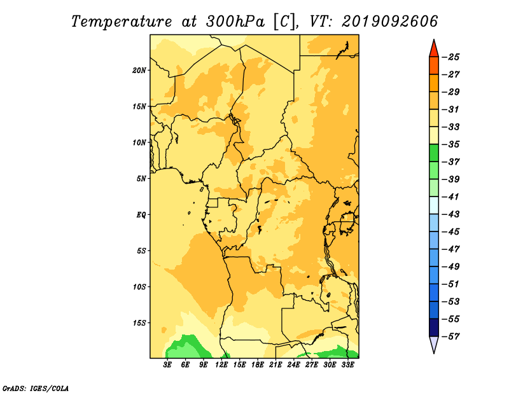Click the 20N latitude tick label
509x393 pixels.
tap(139, 71)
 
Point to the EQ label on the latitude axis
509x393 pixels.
tap(141, 215)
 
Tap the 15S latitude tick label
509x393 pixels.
tap(139, 323)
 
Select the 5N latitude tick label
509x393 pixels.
tap(141, 179)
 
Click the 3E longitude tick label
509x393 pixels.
tap(167, 365)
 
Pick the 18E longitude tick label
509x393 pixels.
tap(258, 365)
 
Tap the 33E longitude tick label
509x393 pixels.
tap(347, 365)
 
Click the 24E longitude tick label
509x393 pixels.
tap(293, 365)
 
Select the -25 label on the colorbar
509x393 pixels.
tap(450, 57)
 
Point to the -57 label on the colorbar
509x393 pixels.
tap(450, 336)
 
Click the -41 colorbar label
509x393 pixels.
tap(450, 197)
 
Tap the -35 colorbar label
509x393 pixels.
tap(450, 144)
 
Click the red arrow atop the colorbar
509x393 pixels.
tap(434, 50)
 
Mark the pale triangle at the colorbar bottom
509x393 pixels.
tap(434, 343)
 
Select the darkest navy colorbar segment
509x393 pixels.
tap(434, 327)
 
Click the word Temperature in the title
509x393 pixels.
tap(122, 22)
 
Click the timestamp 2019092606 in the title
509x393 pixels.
tap(390, 22)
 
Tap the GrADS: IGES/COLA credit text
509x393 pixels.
tap(36, 388)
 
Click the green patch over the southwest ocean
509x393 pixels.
tap(186, 347)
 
